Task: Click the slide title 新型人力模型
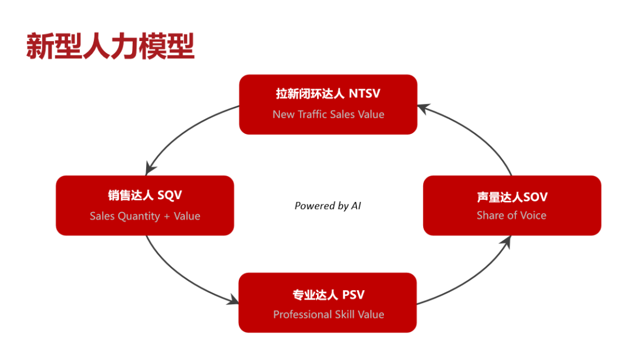(x=110, y=46)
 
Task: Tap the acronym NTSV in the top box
(x=365, y=93)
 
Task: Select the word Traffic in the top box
(x=312, y=114)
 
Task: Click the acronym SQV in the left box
(x=170, y=196)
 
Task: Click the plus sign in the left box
(x=167, y=217)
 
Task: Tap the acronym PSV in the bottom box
(x=353, y=295)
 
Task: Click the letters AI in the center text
(x=356, y=206)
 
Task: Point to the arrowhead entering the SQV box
(x=150, y=169)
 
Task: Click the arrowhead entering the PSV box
(x=233, y=300)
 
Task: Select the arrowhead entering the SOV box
(x=506, y=241)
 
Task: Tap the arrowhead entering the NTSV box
(x=423, y=109)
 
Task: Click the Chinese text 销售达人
(x=130, y=196)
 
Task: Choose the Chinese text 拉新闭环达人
(x=310, y=93)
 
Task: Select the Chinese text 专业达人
(x=315, y=295)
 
